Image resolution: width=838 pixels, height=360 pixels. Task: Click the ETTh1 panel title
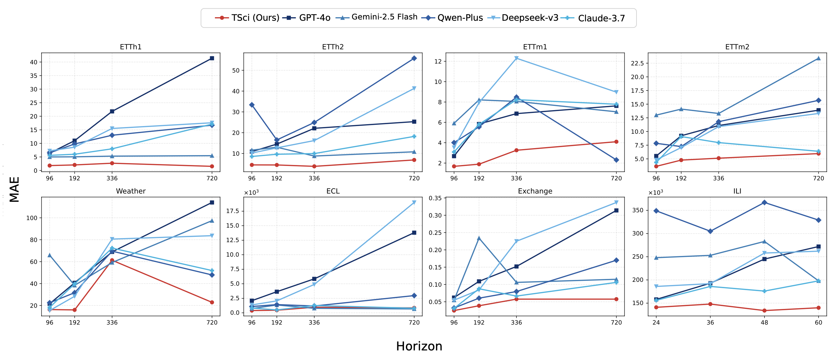[131, 47]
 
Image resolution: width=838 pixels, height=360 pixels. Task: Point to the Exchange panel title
[535, 191]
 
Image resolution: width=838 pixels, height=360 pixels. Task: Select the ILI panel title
[737, 191]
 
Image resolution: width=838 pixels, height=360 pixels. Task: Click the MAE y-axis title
[14, 189]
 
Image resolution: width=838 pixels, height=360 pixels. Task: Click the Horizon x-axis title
[419, 346]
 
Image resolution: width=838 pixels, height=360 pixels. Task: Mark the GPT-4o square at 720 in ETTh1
[212, 58]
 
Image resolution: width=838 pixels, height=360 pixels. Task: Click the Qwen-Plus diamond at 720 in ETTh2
[414, 58]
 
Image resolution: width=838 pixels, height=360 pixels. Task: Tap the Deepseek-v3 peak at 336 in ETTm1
[516, 58]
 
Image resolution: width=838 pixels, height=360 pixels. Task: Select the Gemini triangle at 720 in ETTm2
[819, 58]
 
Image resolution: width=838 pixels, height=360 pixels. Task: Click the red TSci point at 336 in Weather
[112, 260]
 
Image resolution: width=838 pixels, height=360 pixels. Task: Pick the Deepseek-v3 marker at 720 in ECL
[414, 203]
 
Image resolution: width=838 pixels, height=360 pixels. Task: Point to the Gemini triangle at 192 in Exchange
[479, 238]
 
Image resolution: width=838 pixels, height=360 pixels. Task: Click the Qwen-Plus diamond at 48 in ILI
[765, 203]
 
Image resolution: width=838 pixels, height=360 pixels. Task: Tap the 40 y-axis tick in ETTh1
[34, 62]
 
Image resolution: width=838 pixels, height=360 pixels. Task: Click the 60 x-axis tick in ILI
[819, 323]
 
